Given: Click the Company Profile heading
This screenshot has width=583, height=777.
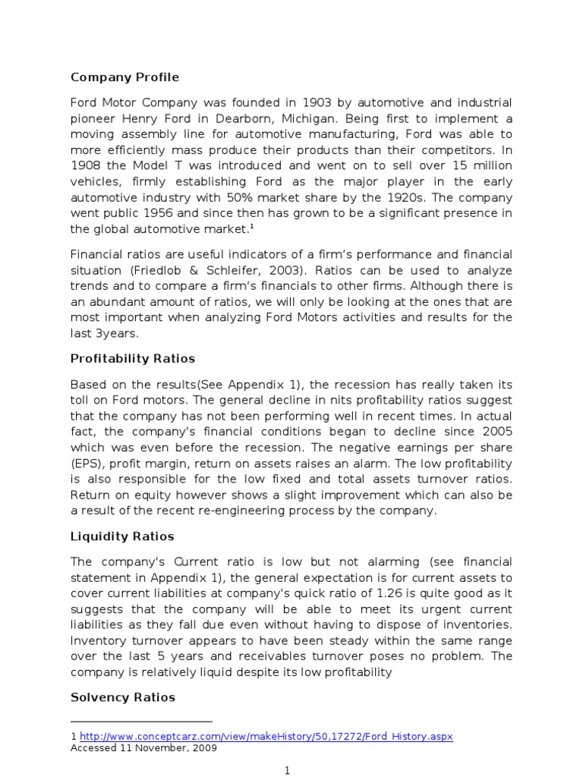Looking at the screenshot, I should click(x=124, y=77).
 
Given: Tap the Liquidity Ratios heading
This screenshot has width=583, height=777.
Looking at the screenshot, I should click(x=122, y=536).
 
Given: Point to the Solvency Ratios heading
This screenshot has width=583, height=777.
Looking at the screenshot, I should click(x=122, y=697).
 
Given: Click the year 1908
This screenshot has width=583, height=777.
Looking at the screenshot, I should click(x=87, y=166).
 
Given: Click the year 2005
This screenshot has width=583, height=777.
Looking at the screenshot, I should click(x=495, y=432).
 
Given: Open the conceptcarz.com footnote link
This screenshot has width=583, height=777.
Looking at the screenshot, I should click(x=266, y=737).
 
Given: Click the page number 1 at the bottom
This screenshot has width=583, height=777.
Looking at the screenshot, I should click(x=288, y=771).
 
